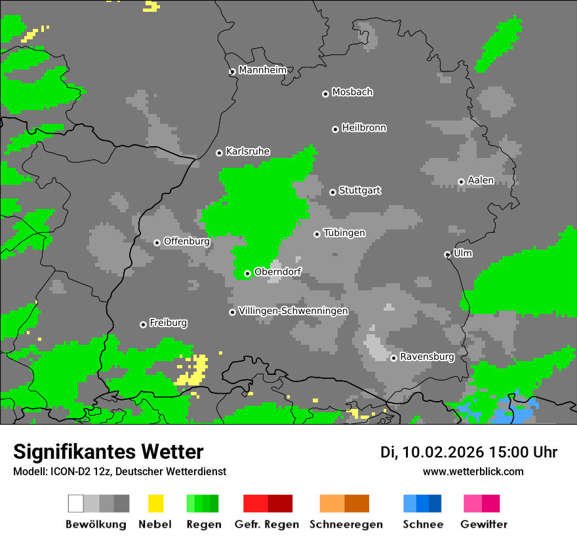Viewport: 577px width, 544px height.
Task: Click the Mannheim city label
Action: click(x=263, y=70)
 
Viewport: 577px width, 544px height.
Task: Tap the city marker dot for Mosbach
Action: click(x=325, y=94)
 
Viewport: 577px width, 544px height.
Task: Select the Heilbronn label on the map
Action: click(x=364, y=128)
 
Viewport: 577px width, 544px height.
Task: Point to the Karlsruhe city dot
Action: click(x=220, y=153)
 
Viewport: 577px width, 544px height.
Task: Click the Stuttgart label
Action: click(x=359, y=191)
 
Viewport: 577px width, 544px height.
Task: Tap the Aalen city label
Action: click(x=481, y=180)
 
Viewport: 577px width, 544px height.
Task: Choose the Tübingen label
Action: click(x=344, y=233)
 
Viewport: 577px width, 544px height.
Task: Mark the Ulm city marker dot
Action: click(x=448, y=254)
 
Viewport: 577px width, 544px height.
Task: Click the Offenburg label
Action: click(x=187, y=241)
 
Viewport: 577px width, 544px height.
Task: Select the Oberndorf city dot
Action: click(x=247, y=273)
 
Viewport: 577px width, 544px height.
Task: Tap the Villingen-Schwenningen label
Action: click(x=293, y=311)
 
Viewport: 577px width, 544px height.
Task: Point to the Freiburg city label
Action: click(x=169, y=323)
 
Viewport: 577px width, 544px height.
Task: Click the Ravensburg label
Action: click(x=427, y=357)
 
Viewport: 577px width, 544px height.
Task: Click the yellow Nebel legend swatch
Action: click(x=155, y=503)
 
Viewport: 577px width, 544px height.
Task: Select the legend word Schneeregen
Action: click(x=346, y=524)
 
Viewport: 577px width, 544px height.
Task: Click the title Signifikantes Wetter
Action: click(x=108, y=452)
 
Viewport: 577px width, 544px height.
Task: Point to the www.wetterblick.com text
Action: click(x=473, y=471)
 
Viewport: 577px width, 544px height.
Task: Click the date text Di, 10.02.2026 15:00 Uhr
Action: click(x=469, y=452)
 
